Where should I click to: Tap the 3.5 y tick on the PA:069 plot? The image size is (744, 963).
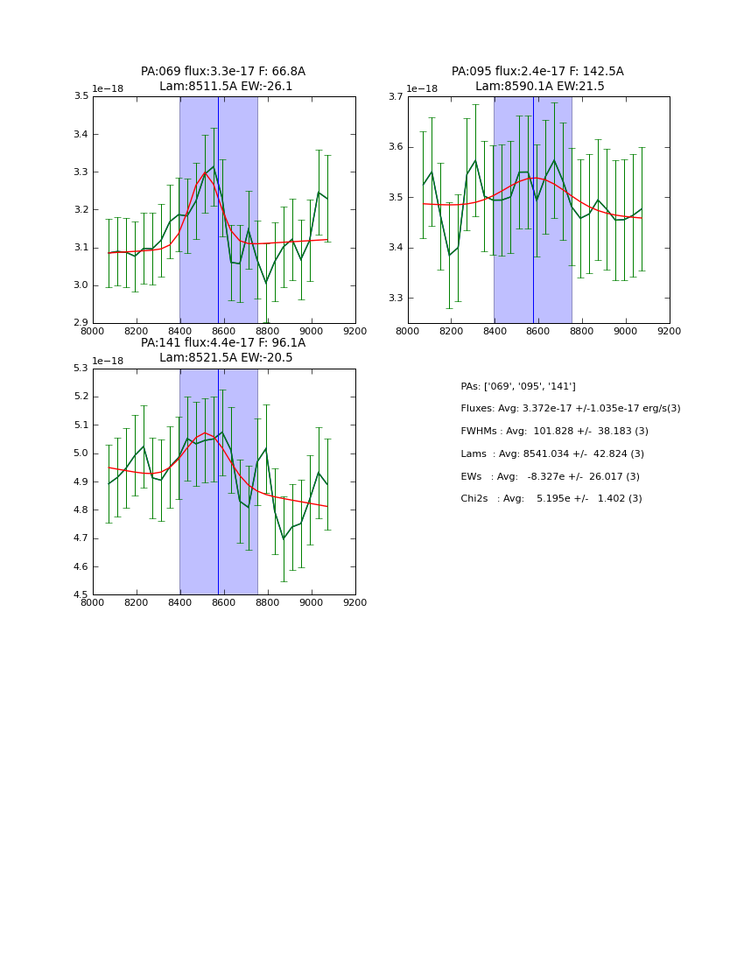[80, 96]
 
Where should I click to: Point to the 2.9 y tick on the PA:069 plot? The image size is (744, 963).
[80, 323]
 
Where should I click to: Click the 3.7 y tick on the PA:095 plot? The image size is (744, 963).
[395, 96]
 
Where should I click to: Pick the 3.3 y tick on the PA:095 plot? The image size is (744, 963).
[395, 299]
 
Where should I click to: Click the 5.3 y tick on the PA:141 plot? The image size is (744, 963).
[80, 369]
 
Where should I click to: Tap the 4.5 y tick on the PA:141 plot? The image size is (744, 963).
[80, 595]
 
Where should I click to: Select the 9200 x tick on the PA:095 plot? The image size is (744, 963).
[670, 332]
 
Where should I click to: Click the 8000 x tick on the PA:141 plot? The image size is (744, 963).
[93, 603]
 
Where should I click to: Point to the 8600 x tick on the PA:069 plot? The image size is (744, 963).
[224, 332]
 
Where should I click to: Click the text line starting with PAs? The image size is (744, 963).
[518, 386]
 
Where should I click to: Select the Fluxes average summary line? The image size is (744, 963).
[570, 409]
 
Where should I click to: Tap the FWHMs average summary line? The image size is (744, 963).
[554, 431]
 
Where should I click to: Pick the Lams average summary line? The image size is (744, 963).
[552, 453]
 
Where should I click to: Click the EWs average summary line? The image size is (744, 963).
[550, 476]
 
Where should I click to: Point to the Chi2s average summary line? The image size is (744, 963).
[551, 498]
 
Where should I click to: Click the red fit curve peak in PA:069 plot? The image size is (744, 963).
[206, 172]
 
